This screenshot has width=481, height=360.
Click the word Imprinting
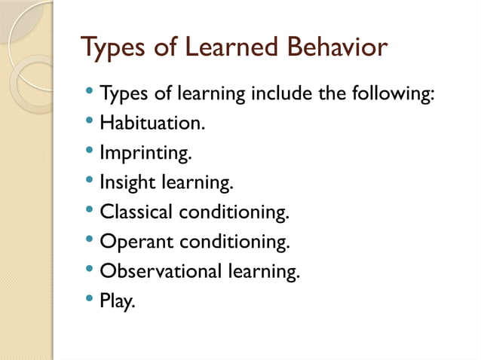coord(146,154)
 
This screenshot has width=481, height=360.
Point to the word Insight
coord(127,183)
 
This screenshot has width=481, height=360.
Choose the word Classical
coord(136,212)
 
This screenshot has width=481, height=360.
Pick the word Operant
coord(134,243)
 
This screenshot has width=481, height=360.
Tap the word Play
coord(117,301)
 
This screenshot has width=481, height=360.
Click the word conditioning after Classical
coord(234,212)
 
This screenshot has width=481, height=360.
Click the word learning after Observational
coord(264,272)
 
